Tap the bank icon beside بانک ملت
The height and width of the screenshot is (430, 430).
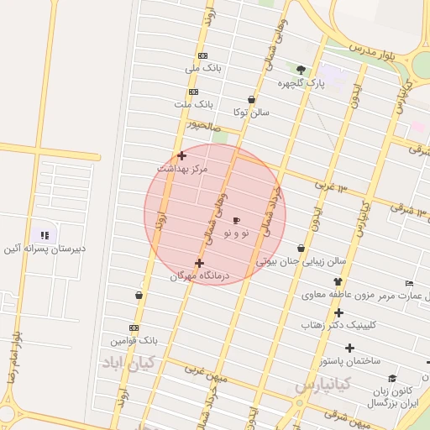(x=194, y=92)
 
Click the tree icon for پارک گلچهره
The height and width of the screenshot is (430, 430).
(x=302, y=70)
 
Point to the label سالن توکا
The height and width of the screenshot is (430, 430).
(x=252, y=112)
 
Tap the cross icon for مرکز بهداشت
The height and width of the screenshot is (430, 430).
(x=181, y=155)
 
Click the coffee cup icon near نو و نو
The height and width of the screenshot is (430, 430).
(x=236, y=219)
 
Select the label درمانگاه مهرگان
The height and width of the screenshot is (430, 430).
(x=200, y=275)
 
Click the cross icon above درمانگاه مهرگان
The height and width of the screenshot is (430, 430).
(x=199, y=263)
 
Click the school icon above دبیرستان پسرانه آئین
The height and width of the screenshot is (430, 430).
(x=45, y=236)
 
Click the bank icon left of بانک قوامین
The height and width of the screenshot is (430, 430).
(x=134, y=328)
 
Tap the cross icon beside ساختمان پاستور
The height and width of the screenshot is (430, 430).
(x=349, y=348)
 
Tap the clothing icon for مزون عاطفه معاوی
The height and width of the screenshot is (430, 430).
(x=338, y=283)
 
